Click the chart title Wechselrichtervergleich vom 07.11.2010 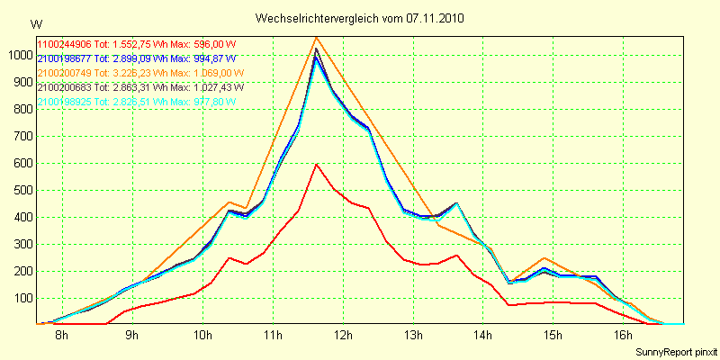pyautogui.click(x=360, y=18)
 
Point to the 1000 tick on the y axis pyautogui.click(x=19, y=55)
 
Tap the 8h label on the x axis pyautogui.click(x=61, y=336)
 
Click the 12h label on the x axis pyautogui.click(x=343, y=336)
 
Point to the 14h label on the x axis pyautogui.click(x=482, y=336)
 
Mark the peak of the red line pyautogui.click(x=316, y=164)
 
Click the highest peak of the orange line pyautogui.click(x=316, y=37)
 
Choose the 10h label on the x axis pyautogui.click(x=202, y=336)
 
